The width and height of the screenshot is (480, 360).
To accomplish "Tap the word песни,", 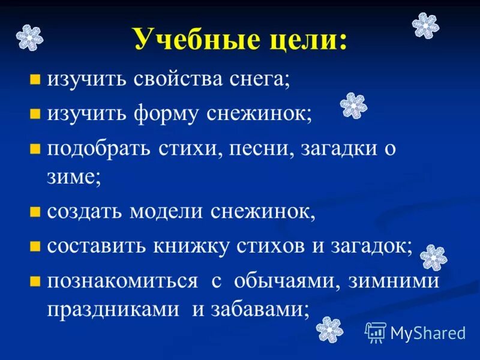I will click(259, 148).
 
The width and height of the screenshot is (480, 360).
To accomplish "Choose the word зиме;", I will click(74, 177).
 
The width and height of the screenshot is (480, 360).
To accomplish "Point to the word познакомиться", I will click(123, 281).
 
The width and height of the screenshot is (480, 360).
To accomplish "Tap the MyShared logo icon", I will click(376, 332).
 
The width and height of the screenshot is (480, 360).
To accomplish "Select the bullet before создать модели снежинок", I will click(35, 212).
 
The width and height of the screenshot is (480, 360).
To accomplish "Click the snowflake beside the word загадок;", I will click(433, 257).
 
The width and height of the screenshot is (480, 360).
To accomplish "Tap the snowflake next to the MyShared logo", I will click(329, 328).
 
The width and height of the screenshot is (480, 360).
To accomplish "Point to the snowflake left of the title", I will click(29, 37).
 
